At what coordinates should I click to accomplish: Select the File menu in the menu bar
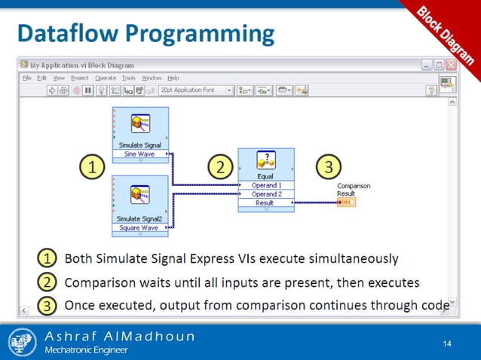click(x=27, y=78)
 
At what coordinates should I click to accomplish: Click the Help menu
click(x=173, y=78)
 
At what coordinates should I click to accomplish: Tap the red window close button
click(x=450, y=65)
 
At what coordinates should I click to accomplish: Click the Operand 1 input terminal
click(x=265, y=185)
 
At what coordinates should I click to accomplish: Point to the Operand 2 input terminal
click(x=265, y=194)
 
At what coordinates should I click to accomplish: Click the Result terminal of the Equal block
click(x=265, y=203)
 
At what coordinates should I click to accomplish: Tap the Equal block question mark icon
click(x=265, y=160)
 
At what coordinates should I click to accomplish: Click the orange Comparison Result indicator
click(x=348, y=203)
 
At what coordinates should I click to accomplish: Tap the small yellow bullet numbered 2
click(x=47, y=283)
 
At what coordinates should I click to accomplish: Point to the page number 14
click(x=447, y=344)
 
